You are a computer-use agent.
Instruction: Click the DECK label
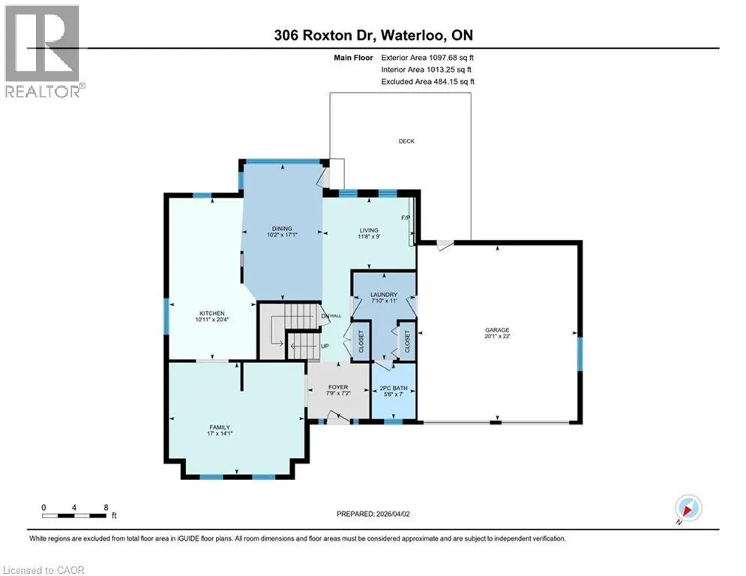pos(406,141)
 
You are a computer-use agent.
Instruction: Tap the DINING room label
pos(282,229)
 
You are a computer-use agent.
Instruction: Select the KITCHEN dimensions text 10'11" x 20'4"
pos(212,319)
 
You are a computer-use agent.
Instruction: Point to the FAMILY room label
pos(220,427)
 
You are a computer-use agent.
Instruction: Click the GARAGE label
pos(497,329)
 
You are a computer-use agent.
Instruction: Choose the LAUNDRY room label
pos(384,295)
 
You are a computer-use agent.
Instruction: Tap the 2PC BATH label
pos(394,388)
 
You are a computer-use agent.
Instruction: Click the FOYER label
pos(338,387)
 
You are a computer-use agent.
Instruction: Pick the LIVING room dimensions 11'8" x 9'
pos(369,236)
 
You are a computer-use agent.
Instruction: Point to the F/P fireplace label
pos(406,217)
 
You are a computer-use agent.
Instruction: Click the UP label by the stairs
pos(325,346)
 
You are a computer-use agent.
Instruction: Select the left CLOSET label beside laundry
pos(361,341)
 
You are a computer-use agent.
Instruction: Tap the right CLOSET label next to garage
pos(407,341)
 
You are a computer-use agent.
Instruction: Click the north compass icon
pos(688,508)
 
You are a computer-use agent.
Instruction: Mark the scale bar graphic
pos(74,515)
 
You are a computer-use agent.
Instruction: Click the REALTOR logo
pos(43,51)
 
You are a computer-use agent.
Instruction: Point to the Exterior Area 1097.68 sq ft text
pos(427,58)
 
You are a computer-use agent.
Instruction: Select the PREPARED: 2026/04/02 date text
pos(373,514)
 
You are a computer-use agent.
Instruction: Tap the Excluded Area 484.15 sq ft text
pos(427,82)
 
